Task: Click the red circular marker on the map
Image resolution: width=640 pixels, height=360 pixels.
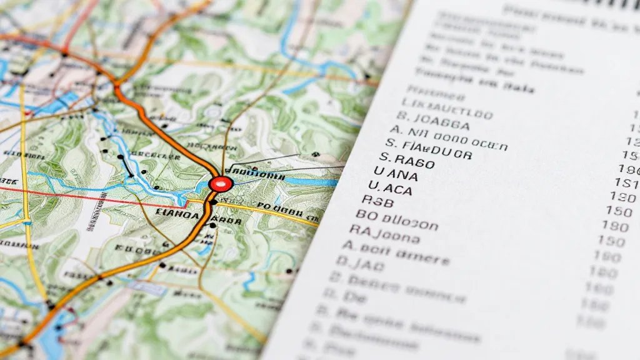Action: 221,184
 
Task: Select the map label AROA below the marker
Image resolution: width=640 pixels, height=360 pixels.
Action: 226,221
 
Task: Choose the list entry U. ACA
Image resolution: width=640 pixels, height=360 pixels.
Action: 391,187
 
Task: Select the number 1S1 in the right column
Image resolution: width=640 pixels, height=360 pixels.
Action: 626,182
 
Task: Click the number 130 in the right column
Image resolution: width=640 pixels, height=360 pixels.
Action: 621,196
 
